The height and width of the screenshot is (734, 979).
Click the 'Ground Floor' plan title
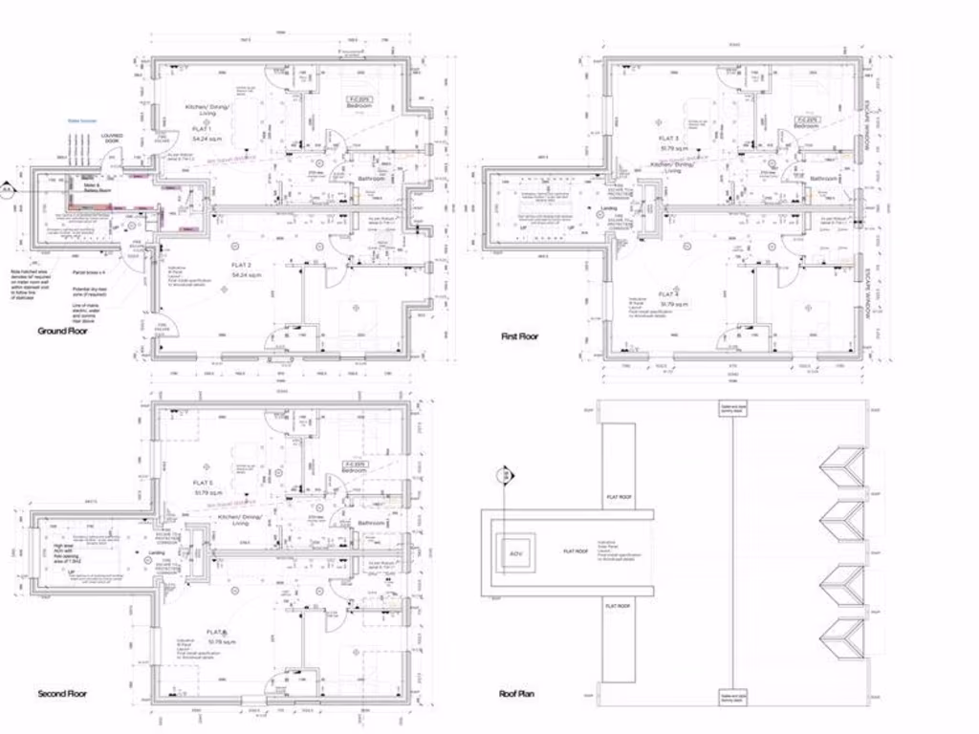[x=62, y=332]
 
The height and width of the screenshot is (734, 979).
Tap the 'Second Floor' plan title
[x=62, y=694]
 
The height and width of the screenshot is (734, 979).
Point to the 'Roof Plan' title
[x=516, y=694]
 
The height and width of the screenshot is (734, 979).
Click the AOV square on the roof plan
[x=514, y=553]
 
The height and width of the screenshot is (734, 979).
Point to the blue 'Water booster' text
[x=81, y=121]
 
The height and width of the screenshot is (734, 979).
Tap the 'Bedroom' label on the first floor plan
[x=806, y=125]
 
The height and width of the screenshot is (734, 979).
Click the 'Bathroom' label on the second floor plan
[x=371, y=524]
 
